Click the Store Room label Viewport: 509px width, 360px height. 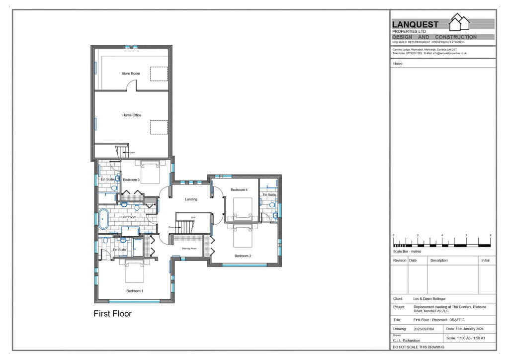click(x=131, y=74)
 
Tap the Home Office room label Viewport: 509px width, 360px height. click(x=132, y=115)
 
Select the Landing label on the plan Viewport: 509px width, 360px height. click(x=191, y=199)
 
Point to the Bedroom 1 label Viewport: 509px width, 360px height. click(x=135, y=290)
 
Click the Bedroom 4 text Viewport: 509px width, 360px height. click(x=239, y=190)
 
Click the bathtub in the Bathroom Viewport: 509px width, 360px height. click(x=104, y=219)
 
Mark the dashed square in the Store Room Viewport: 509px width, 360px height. click(x=159, y=74)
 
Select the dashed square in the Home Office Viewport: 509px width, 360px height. click(x=159, y=127)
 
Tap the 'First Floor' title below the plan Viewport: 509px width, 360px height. click(x=113, y=314)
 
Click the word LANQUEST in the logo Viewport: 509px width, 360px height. click(x=416, y=24)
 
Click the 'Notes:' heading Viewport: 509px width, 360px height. click(x=398, y=64)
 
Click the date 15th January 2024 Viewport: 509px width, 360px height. click(x=464, y=329)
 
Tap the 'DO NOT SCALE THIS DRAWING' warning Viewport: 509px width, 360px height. click(x=419, y=347)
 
